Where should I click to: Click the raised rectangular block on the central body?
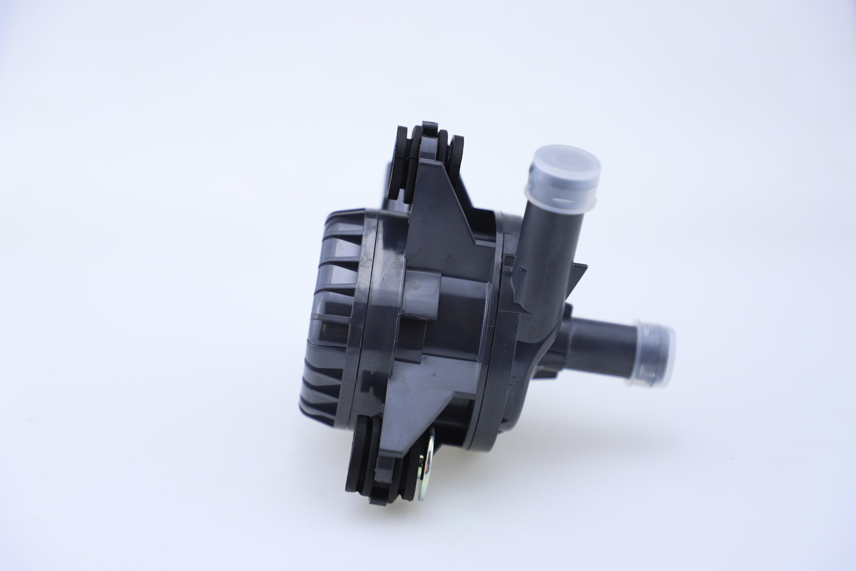click(x=422, y=291)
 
